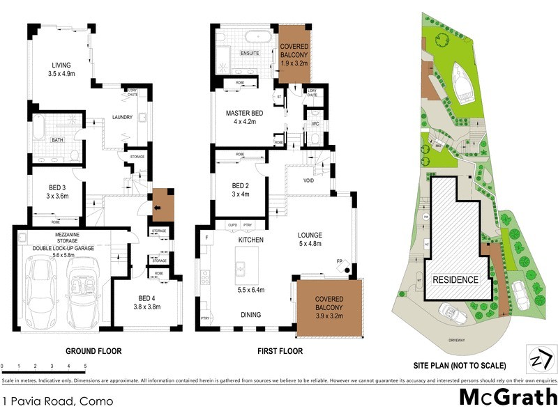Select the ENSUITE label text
[x=250, y=52]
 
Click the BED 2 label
[x=241, y=185]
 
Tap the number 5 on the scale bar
[x=85, y=366]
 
